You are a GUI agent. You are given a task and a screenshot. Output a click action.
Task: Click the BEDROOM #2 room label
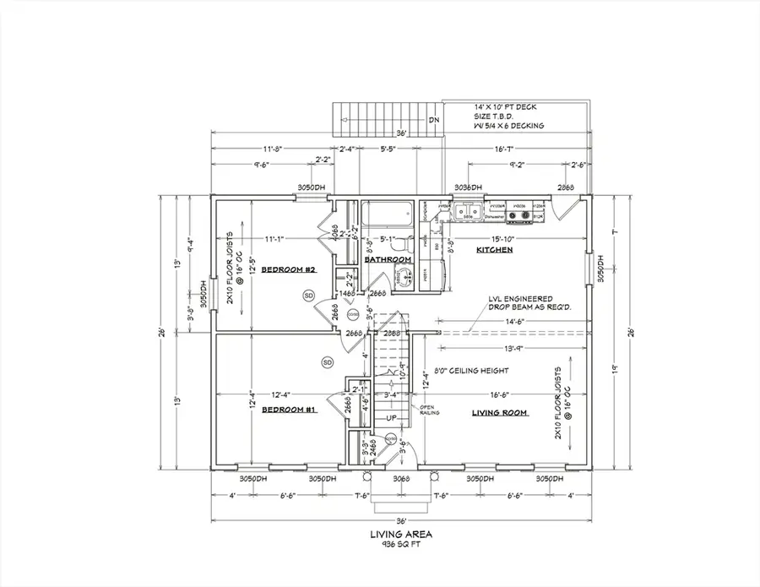coord(288,269)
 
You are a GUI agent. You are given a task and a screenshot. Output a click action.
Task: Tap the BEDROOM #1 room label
coord(288,409)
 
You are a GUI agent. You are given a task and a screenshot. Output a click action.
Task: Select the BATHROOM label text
coord(388,259)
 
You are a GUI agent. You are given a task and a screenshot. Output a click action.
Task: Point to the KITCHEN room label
coord(494,251)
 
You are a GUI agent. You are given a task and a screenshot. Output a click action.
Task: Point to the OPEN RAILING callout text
coord(432,411)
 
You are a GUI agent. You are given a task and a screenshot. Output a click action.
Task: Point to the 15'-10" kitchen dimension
coord(505,239)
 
